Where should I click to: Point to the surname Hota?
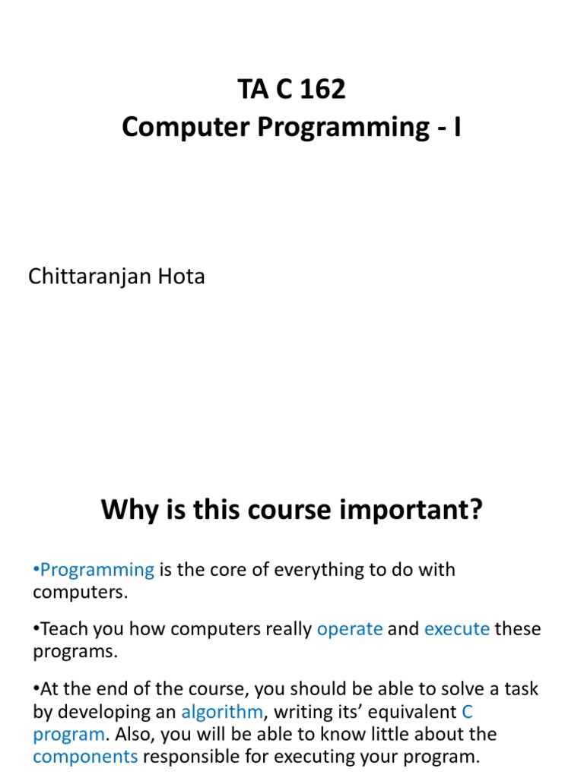coord(179,277)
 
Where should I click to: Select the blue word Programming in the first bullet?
coord(97,569)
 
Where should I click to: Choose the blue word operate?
coord(350,629)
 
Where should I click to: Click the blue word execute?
coord(457,629)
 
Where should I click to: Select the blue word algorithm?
coord(222,712)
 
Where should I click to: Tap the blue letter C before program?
coord(468,712)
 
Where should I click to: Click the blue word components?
coord(85,757)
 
